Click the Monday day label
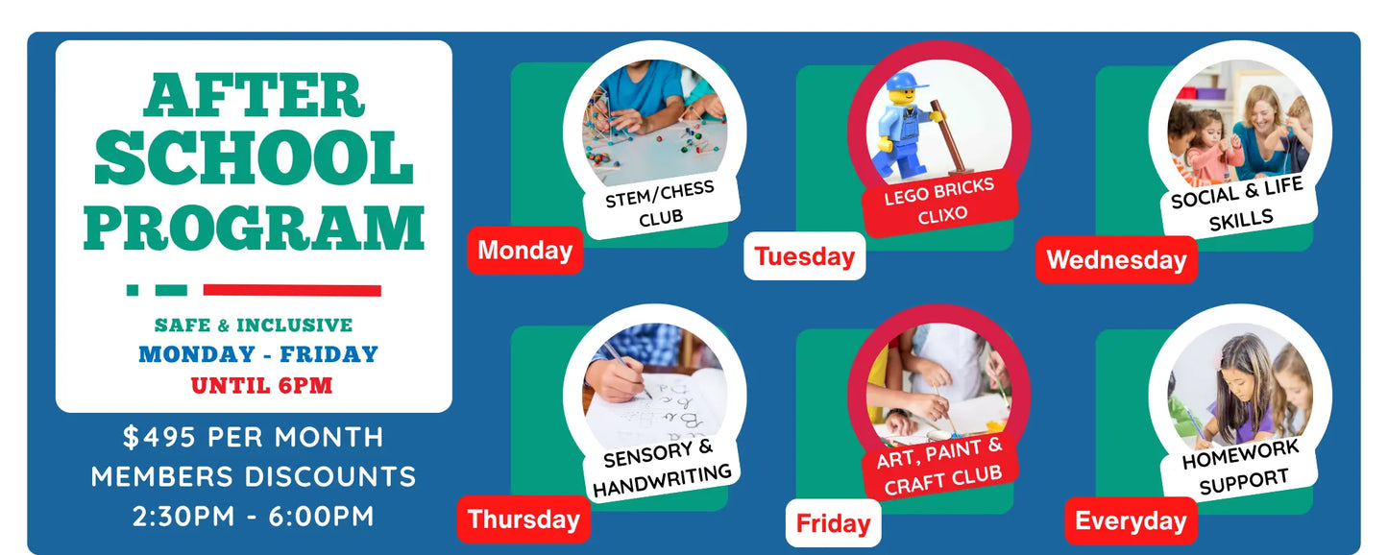click(x=524, y=251)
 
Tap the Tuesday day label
click(x=804, y=255)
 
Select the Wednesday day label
click(x=1116, y=259)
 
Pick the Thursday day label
click(x=524, y=519)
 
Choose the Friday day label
click(x=833, y=523)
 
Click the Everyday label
click(x=1131, y=521)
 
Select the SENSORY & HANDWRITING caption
click(x=662, y=467)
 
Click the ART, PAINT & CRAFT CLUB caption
click(x=940, y=466)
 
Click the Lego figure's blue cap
click(x=906, y=82)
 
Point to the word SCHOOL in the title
click(x=254, y=157)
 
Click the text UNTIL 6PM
click(x=261, y=385)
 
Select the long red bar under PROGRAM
click(x=292, y=290)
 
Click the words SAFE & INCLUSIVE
click(x=254, y=325)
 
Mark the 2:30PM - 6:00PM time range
click(x=254, y=516)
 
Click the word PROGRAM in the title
click(x=254, y=228)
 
